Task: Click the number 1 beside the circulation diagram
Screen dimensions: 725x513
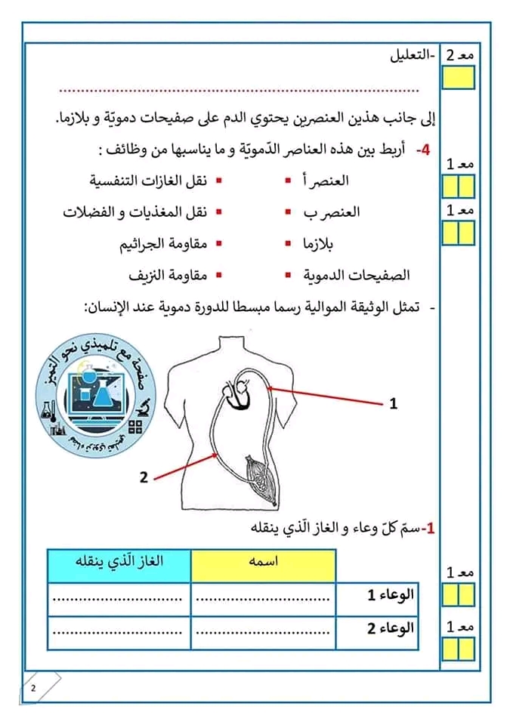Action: tap(393, 404)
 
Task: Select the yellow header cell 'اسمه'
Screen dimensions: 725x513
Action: tap(262, 565)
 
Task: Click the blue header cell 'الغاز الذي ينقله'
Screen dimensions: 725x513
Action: tap(119, 565)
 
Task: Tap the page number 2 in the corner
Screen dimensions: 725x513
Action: tap(33, 689)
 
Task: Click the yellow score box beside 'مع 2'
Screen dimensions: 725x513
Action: tap(459, 78)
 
